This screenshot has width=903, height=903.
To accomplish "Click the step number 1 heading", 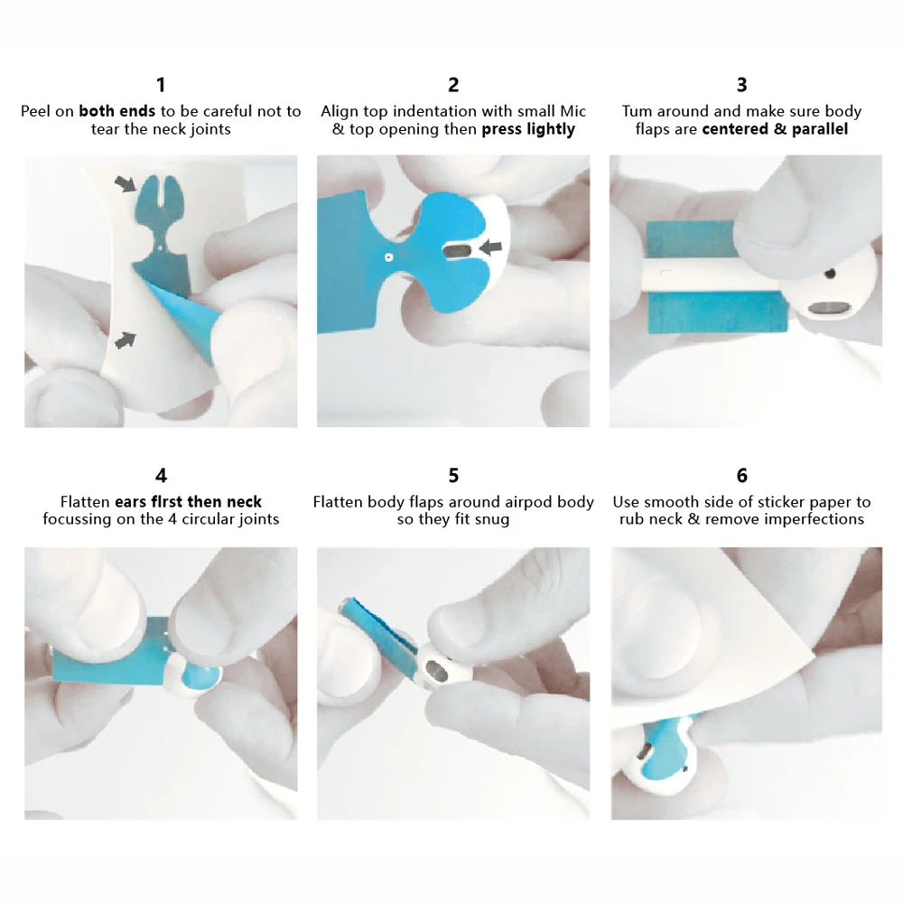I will [x=161, y=85].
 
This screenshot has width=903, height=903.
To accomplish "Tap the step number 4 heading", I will [x=161, y=475].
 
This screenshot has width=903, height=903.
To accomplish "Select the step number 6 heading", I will [x=741, y=475].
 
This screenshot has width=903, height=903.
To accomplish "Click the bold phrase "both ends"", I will [x=117, y=111].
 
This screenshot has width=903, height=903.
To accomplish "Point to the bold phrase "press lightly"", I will [x=528, y=129].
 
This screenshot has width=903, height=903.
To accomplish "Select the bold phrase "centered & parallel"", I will [x=775, y=129].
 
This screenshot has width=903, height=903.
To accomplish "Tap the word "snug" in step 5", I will [x=491, y=519].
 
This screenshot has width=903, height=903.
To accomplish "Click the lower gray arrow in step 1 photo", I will [x=126, y=340].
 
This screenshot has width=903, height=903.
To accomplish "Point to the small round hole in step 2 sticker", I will [x=387, y=256].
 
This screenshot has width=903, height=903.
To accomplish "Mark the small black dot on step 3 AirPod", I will [x=831, y=270].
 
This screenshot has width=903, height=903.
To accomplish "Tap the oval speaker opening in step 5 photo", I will [x=436, y=670].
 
